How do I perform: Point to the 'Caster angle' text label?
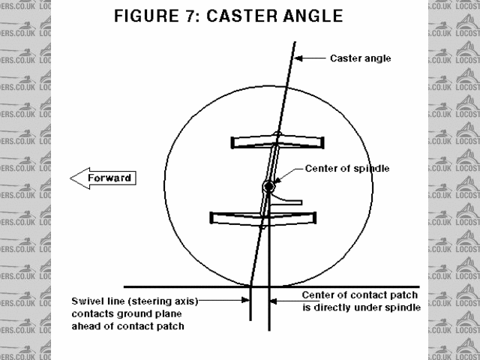pos(360,58)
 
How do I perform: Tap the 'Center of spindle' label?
pos(347,169)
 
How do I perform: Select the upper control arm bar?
pos(278,142)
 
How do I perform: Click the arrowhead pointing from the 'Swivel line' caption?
pos(245,301)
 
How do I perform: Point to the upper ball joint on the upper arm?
pos(277,135)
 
